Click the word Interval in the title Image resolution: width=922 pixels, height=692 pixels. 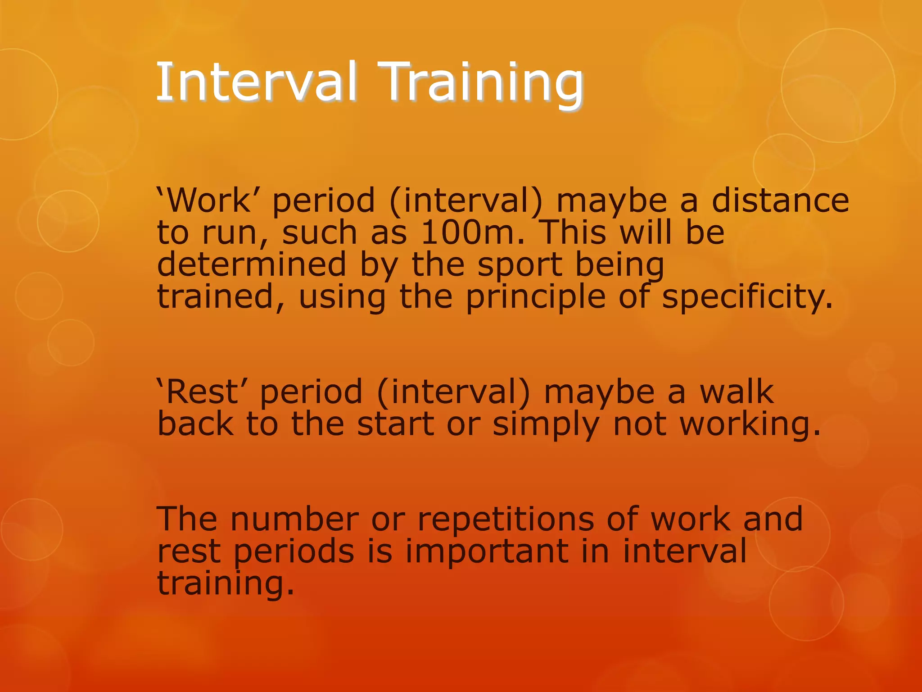[257, 82]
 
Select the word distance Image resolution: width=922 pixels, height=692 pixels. [780, 200]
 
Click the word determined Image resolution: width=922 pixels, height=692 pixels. [252, 264]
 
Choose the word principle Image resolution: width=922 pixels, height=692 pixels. [535, 297]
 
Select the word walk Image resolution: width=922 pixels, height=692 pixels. [736, 392]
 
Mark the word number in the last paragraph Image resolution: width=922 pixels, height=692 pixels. [294, 519]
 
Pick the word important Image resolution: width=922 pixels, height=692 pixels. [487, 552]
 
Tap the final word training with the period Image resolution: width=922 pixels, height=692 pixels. [225, 584]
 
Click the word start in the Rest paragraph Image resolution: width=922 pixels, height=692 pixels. [396, 424]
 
